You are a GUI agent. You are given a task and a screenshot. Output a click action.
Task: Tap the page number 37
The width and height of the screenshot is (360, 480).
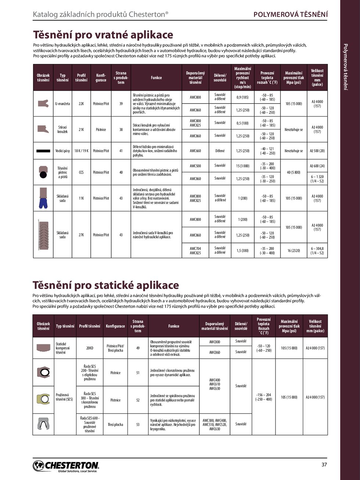pyautogui.click(x=324, y=465)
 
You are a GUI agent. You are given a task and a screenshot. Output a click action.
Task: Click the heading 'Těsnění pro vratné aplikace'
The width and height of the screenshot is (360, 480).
pyautogui.click(x=103, y=35)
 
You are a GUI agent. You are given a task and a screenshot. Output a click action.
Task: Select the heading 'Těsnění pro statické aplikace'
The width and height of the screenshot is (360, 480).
pyautogui.click(x=106, y=285)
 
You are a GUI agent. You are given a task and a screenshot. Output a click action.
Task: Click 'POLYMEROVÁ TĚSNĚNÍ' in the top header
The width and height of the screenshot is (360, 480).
pyautogui.click(x=291, y=15)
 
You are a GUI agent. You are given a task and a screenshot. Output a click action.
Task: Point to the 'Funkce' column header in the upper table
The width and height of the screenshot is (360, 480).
pyautogui.click(x=156, y=78)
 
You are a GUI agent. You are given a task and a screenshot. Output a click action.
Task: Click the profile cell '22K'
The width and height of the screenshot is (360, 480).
pyautogui.click(x=81, y=104)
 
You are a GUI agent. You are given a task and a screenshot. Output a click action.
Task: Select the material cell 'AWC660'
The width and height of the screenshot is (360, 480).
pyautogui.click(x=195, y=151)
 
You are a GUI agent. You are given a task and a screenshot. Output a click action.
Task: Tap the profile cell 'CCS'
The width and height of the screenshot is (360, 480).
pyautogui.click(x=81, y=172)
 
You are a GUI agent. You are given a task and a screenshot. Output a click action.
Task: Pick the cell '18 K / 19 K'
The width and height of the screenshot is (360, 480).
pyautogui.click(x=81, y=151)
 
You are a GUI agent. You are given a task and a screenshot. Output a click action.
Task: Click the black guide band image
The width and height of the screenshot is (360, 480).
pyautogui.click(x=43, y=151)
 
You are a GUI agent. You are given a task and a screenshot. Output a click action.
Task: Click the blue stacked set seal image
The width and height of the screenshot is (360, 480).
pyautogui.click(x=43, y=198)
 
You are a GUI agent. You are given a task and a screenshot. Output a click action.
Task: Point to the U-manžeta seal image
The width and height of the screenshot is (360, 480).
pyautogui.click(x=43, y=103)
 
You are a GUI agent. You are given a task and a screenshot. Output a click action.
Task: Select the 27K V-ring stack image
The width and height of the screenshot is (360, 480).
pyautogui.click(x=43, y=234)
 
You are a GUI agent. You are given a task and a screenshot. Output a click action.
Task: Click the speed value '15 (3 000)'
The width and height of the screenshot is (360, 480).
pyautogui.click(x=242, y=166)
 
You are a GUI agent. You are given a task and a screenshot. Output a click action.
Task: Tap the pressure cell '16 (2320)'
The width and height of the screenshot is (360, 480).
pyautogui.click(x=294, y=251)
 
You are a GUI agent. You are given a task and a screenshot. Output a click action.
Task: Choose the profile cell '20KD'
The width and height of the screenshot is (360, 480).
pyautogui.click(x=90, y=348)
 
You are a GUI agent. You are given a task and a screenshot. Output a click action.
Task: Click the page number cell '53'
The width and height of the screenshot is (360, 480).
pyautogui.click(x=138, y=425)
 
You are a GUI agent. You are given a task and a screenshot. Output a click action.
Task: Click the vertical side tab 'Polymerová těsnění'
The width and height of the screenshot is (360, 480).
pyautogui.click(x=345, y=67)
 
